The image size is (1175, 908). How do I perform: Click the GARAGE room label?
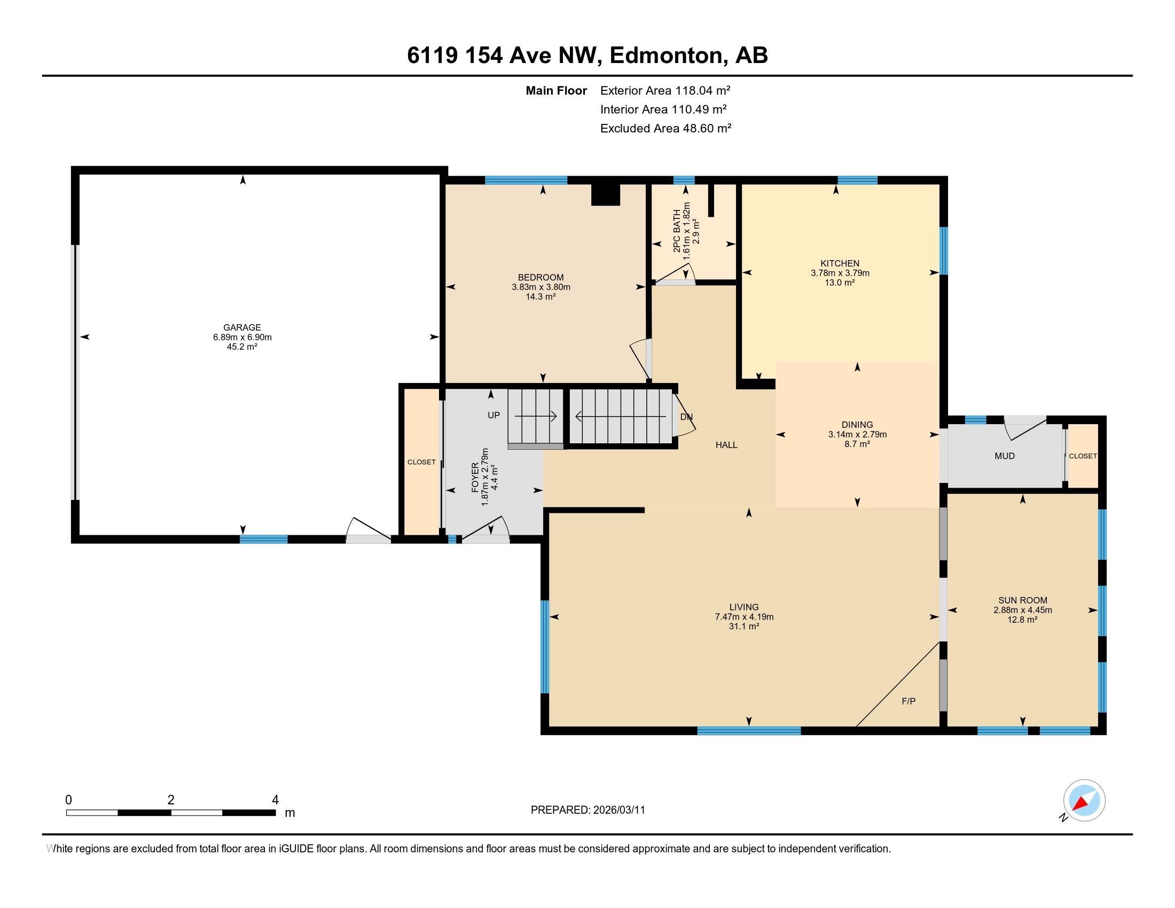[242, 327]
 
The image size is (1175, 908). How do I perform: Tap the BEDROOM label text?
[540, 278]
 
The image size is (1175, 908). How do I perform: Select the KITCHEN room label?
[840, 263]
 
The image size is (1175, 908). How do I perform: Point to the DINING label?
[858, 425]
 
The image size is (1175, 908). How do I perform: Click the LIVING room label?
[744, 607]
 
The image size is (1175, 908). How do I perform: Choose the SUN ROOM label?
[1023, 600]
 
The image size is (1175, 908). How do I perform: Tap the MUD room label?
[1005, 456]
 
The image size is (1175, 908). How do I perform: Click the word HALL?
[726, 445]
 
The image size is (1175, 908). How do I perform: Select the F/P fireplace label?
[908, 701]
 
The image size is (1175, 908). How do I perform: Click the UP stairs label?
[493, 415]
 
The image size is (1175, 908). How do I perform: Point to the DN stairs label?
[686, 417]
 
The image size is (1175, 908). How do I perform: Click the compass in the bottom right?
[1084, 801]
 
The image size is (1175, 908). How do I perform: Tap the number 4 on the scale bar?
[276, 800]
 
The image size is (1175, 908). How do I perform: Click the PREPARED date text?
[587, 810]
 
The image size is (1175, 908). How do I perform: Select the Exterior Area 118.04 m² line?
[665, 90]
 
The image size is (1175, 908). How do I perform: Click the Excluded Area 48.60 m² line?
[666, 128]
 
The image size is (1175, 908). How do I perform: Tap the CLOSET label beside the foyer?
[421, 462]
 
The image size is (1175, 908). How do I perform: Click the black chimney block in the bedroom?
[606, 194]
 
